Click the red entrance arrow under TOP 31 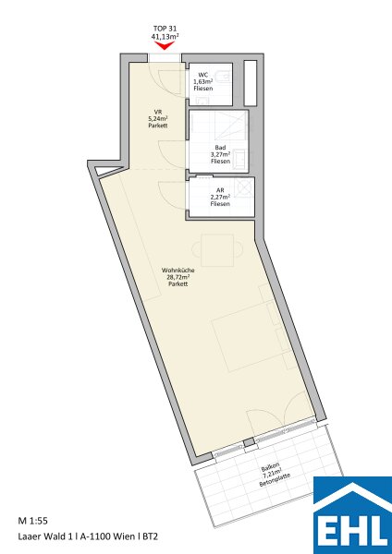coord(165,46)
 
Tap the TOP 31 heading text coord(165,29)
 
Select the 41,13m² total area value coord(165,36)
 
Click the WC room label coord(203,75)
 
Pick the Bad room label coord(220,148)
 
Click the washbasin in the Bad coord(240,158)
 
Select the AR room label coord(220,190)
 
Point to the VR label coord(158,112)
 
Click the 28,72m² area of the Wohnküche coord(178,277)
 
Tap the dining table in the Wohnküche coord(217,250)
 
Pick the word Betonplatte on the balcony coord(275,480)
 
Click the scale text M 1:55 coord(33,521)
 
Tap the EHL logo coord(353,515)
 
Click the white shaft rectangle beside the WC coord(251,83)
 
